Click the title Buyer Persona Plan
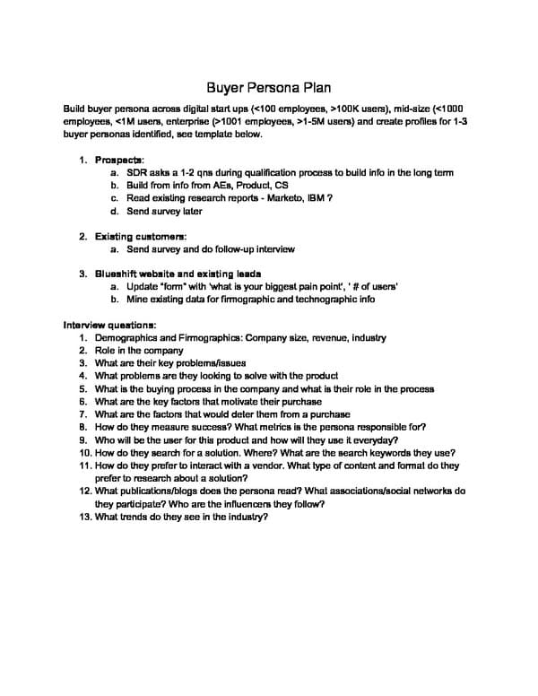pos(269,88)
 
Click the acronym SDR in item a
pos(137,172)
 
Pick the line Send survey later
pos(164,211)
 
